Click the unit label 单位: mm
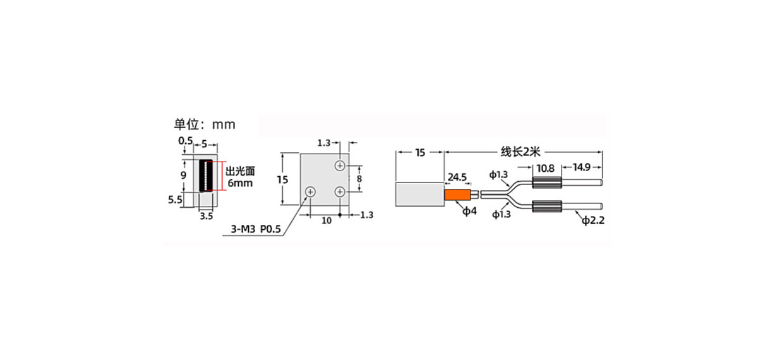click(205, 124)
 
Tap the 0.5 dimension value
click(186, 141)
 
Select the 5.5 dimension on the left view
click(175, 200)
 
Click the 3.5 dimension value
click(207, 216)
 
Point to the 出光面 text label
click(241, 171)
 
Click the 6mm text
click(240, 183)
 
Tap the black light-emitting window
click(207, 176)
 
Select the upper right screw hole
click(340, 165)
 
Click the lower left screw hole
click(310, 191)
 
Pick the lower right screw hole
click(340, 191)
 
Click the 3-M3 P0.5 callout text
click(256, 229)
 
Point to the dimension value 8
click(359, 179)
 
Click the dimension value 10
click(327, 220)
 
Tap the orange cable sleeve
click(457, 195)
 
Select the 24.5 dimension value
click(457, 177)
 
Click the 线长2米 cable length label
click(520, 152)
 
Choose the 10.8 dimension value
click(546, 169)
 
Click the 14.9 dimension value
click(582, 167)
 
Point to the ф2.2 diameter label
click(593, 220)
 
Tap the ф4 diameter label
click(469, 211)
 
